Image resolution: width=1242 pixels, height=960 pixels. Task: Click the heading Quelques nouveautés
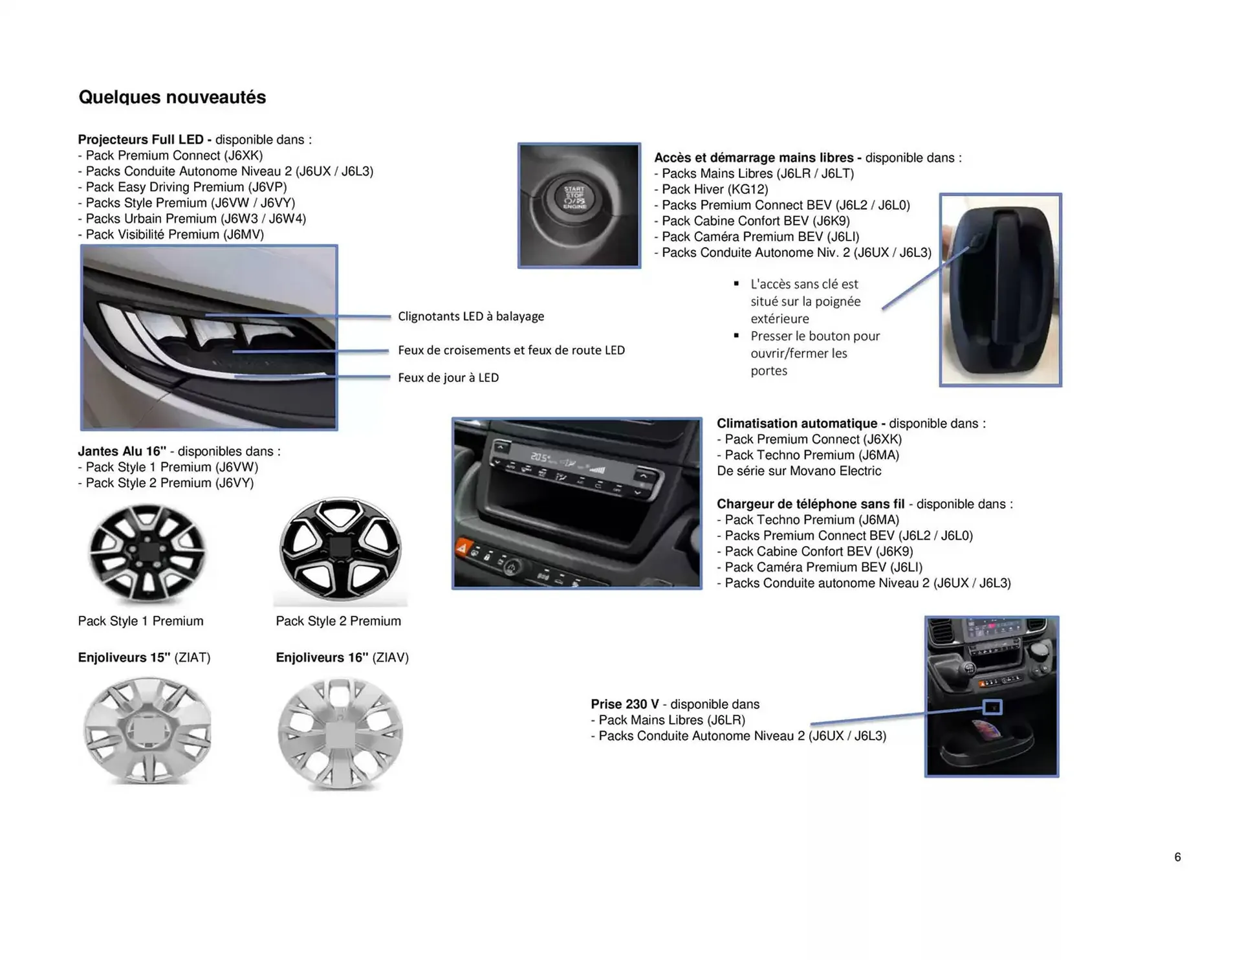coord(172,97)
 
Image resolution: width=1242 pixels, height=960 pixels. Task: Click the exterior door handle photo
coord(1000,290)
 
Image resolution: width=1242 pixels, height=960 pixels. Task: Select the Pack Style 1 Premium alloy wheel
coord(147,552)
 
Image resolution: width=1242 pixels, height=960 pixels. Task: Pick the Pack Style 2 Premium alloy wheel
coord(340,550)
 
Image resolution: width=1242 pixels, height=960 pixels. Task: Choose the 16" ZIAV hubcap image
coord(340,733)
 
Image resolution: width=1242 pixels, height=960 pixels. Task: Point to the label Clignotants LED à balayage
coord(470,316)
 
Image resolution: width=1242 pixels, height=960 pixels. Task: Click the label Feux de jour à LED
coord(448,378)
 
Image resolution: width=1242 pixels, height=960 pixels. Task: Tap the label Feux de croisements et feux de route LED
coord(511,350)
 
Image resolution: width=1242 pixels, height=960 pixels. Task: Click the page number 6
coord(1177,857)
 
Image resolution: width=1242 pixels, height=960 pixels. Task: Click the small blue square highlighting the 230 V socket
coord(992,706)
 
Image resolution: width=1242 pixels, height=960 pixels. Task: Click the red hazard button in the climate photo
coord(462,548)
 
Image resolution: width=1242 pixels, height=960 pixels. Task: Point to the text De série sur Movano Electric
coord(798,471)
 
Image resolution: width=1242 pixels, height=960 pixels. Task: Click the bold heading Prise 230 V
coord(624,704)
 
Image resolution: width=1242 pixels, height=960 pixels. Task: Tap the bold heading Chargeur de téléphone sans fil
coord(810,504)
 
